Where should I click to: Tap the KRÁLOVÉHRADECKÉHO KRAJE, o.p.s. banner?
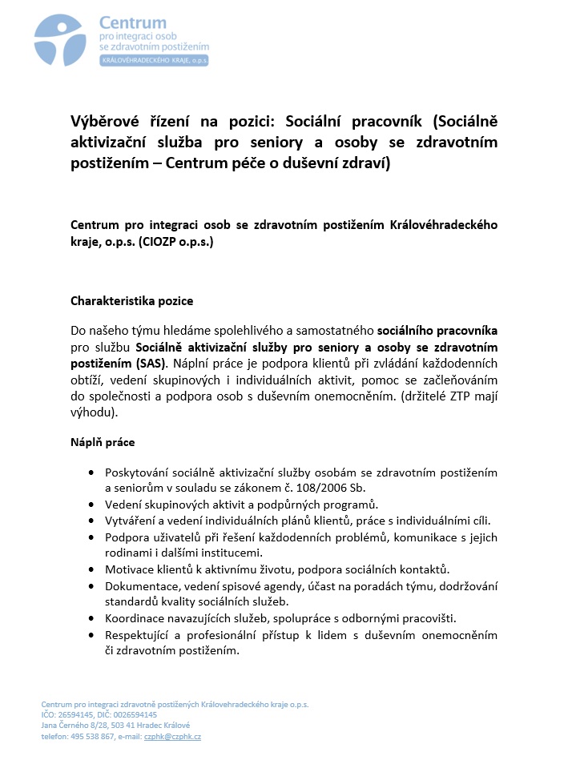pyautogui.click(x=153, y=61)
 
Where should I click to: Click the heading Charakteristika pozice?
pyautogui.click(x=131, y=301)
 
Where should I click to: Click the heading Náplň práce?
pyautogui.click(x=103, y=442)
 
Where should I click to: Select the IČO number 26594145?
pyautogui.click(x=77, y=714)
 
